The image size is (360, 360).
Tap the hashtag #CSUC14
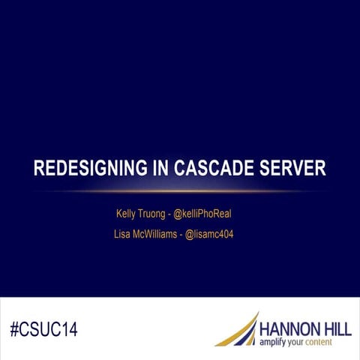[44, 328]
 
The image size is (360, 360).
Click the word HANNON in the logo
[283, 328]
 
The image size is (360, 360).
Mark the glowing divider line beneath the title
[180, 190]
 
